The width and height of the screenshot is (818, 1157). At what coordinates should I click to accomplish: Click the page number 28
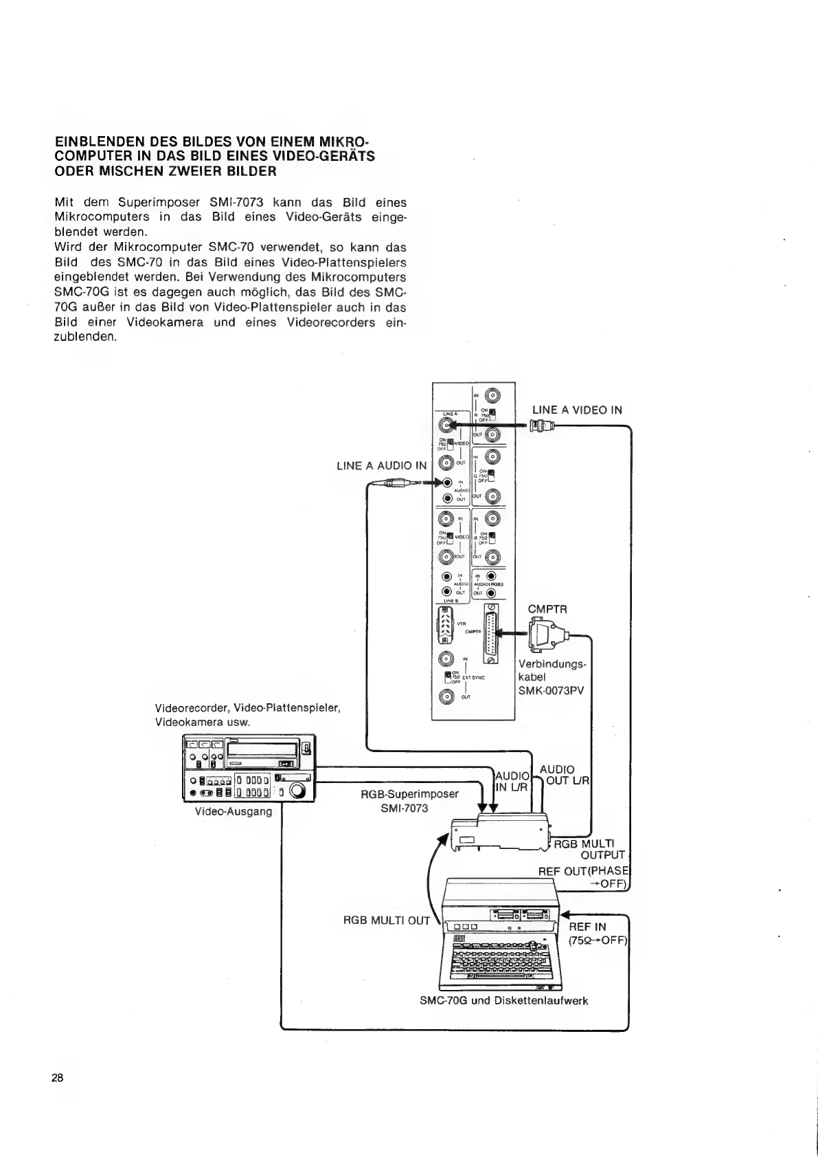(57, 1077)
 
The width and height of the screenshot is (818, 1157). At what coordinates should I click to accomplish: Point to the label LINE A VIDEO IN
(576, 410)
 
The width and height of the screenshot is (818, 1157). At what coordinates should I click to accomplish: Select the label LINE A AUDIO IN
(381, 466)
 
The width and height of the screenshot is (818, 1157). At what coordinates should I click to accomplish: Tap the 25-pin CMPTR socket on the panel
(490, 633)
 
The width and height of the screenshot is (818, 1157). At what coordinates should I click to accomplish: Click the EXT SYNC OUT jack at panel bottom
(446, 696)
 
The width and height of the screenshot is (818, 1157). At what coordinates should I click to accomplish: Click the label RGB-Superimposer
(409, 794)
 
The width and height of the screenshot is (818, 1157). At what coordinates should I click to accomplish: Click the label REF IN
(587, 927)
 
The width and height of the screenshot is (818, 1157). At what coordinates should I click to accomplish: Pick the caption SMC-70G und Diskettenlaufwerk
(503, 1000)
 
